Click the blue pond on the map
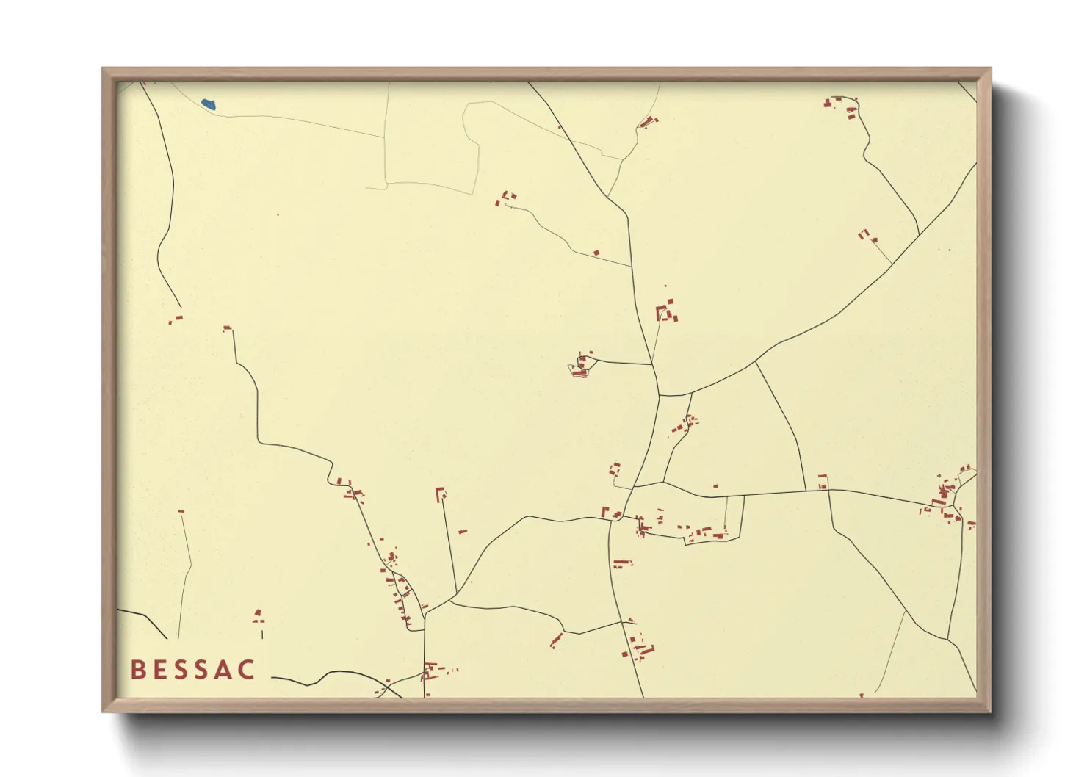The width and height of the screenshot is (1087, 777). (x=209, y=104)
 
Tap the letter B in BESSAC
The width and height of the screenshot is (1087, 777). (x=137, y=670)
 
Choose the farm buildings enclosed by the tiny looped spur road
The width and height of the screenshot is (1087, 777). (x=581, y=366)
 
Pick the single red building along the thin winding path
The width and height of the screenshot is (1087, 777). (x=596, y=253)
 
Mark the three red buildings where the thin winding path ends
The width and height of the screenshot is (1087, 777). (x=505, y=198)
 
